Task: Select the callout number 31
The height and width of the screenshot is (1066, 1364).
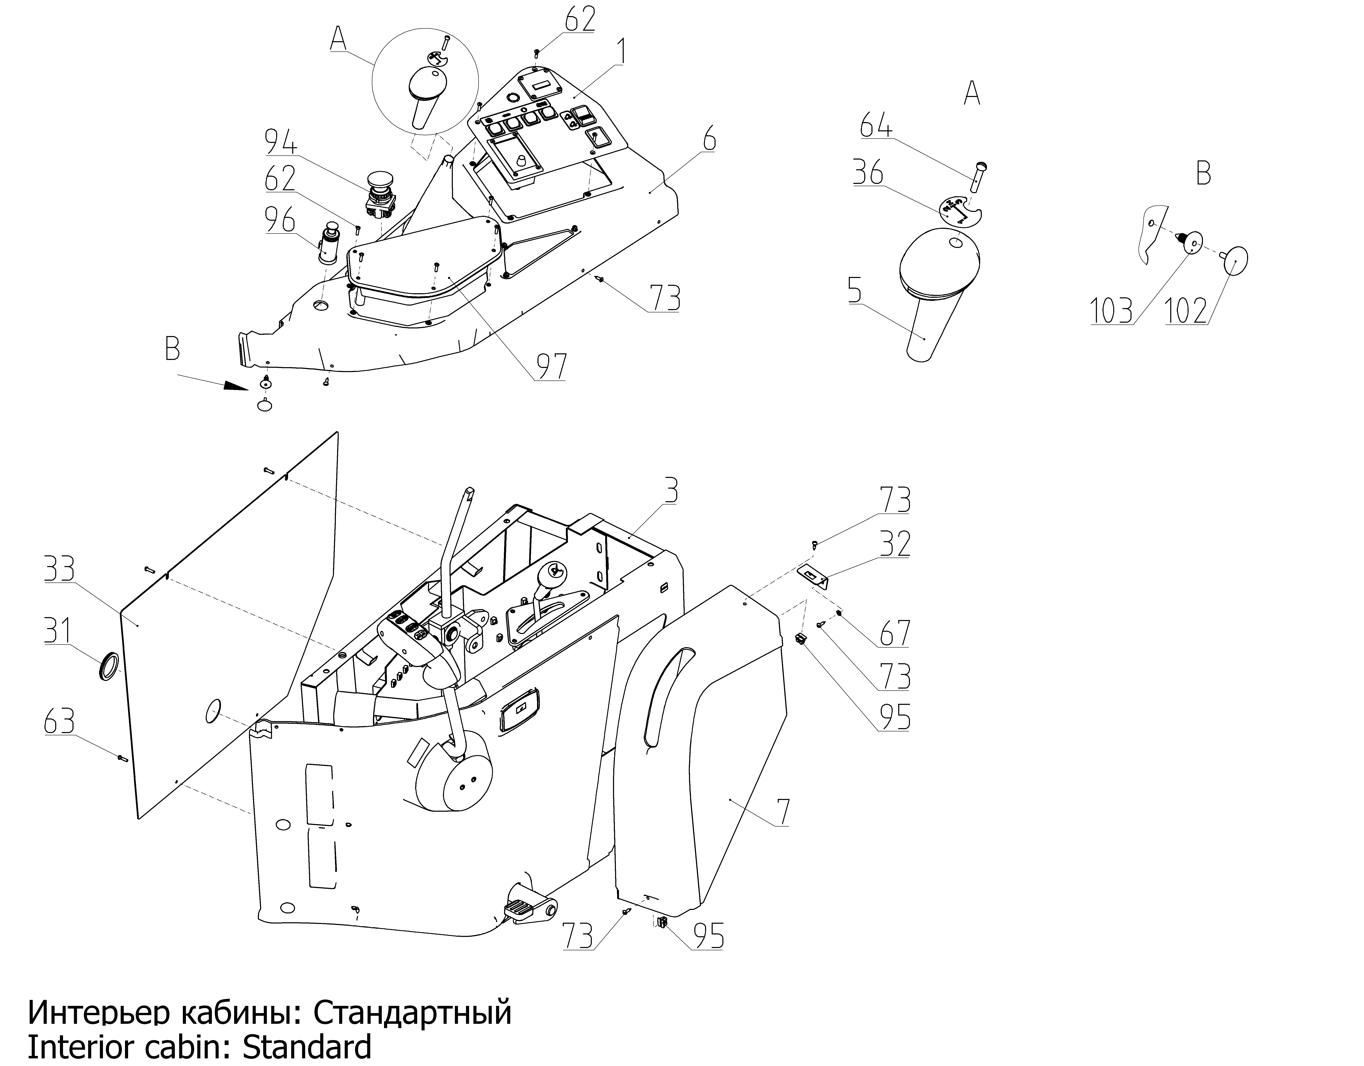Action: [x=59, y=631]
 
